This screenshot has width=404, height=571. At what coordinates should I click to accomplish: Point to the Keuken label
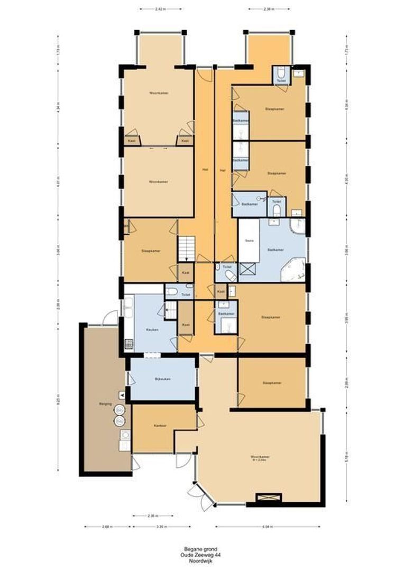153,329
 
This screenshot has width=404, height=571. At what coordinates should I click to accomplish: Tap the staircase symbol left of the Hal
186,248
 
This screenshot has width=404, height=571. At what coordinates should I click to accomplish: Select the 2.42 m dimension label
161,9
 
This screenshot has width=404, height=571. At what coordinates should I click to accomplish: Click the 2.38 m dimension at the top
269,9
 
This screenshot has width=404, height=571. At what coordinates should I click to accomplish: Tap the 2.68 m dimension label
107,527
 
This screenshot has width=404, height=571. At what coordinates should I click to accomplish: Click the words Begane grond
202,549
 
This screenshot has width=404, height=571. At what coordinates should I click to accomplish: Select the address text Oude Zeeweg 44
202,555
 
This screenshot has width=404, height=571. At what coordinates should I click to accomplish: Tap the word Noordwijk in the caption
202,561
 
